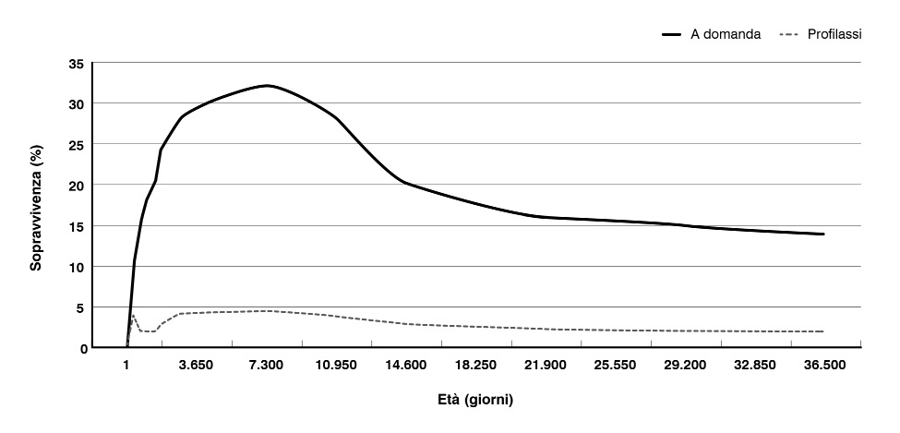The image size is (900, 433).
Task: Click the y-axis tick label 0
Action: tap(80, 348)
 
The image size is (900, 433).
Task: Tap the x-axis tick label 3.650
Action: tap(196, 366)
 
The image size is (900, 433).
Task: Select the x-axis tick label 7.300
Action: tap(266, 366)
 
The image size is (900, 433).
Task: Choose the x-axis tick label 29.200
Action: tap(684, 366)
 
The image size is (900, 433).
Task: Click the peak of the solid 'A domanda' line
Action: tap(267, 85)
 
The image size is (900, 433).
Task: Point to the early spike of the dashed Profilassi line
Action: tap(133, 316)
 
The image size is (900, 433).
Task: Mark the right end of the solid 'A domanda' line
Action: tap(823, 235)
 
